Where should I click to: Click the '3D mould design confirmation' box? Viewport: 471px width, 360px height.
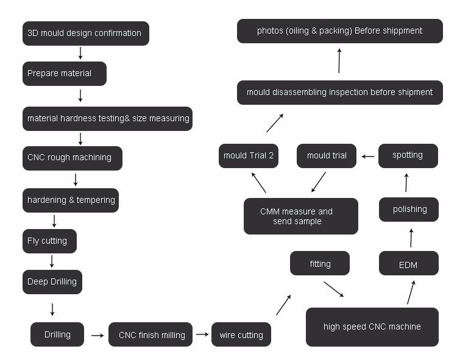click(x=86, y=34)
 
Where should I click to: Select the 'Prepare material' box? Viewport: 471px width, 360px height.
click(x=65, y=74)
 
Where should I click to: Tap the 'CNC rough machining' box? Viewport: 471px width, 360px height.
click(x=73, y=158)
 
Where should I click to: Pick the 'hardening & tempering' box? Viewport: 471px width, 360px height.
click(x=71, y=200)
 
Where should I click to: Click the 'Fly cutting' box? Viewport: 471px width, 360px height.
click(x=49, y=241)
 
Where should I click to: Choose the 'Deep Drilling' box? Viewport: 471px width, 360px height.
click(x=52, y=282)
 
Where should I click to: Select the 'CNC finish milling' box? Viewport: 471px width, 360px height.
click(x=151, y=334)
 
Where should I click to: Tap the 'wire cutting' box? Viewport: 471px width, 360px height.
click(x=241, y=334)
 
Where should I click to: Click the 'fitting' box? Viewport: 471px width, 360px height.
click(x=320, y=263)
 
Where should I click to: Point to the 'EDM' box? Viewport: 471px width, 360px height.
click(x=409, y=263)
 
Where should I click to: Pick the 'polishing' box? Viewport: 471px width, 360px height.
click(x=409, y=210)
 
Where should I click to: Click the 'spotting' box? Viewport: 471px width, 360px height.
click(x=408, y=156)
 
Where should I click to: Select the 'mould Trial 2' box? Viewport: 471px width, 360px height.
click(x=249, y=156)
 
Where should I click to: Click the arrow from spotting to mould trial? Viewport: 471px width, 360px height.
click(x=368, y=157)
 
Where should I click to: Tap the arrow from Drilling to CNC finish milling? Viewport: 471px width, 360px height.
click(x=97, y=336)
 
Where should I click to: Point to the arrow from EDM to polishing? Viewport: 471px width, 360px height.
click(x=411, y=238)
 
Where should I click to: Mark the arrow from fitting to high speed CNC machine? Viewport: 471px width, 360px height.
click(x=334, y=289)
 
